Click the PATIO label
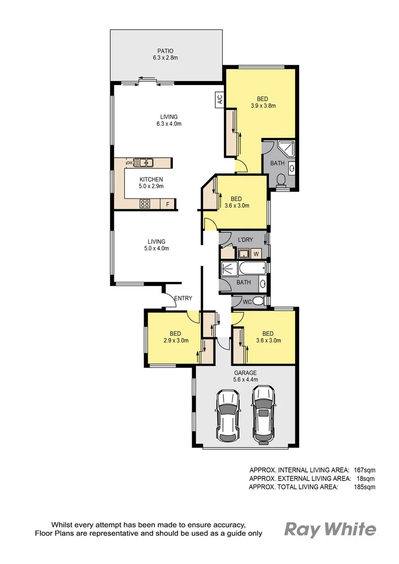[166, 51]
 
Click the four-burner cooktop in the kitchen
[145, 204]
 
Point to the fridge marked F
[168, 204]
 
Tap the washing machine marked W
[256, 254]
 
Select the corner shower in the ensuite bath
[286, 149]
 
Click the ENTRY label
[183, 299]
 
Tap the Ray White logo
[330, 530]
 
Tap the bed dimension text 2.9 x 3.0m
[175, 341]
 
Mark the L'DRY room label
[245, 240]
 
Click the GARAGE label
[245, 372]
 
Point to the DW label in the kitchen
[128, 162]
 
